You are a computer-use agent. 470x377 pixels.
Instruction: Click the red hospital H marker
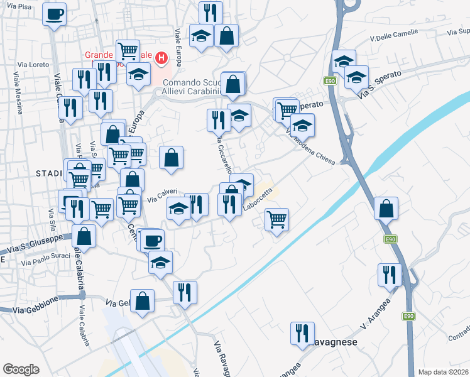pos(161,59)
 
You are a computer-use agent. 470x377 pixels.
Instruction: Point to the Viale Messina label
pos(17,94)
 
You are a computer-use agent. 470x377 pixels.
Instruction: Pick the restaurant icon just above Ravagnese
pos(302,333)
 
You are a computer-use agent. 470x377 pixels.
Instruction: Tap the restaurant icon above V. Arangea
pos(390,274)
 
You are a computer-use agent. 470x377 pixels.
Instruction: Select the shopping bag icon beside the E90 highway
pos(386,208)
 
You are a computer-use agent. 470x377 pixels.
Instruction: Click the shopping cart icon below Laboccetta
pos(276,220)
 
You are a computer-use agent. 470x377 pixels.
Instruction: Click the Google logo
pos(21,369)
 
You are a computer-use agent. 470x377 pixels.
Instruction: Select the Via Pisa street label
pos(17,6)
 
